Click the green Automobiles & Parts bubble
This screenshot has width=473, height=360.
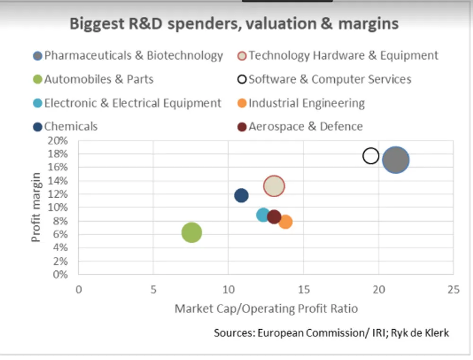pos(192,232)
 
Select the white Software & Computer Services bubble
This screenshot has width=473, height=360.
pos(371,156)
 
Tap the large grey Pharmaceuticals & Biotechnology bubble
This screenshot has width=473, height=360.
pos(396,160)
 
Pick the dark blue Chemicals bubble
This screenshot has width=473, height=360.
pos(241,195)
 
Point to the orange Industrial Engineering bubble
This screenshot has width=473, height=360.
pos(285,221)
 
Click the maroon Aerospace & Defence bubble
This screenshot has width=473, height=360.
pos(274,217)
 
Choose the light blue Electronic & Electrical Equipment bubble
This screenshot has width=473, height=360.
pos(263,215)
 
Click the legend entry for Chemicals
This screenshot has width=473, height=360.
pos(70,127)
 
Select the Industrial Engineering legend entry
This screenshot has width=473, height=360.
pos(307,103)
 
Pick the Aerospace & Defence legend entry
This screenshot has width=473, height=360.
pos(306,127)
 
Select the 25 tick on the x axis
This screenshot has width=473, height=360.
pos(453,290)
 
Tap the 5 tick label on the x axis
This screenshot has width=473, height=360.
pos(153,290)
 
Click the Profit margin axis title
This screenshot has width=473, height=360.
pos(36,207)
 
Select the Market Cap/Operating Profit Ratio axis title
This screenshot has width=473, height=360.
pos(266,309)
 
